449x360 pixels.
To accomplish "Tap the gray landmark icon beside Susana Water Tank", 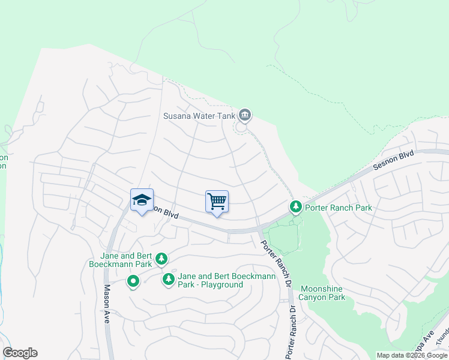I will (x=244, y=114).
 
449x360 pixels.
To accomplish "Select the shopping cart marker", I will (x=217, y=202).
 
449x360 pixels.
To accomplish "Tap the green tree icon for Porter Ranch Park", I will (x=295, y=207).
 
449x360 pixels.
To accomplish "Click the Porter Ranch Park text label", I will (x=339, y=208).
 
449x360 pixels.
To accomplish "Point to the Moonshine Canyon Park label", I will (x=323, y=293).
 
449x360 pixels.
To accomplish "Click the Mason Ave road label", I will (x=107, y=304).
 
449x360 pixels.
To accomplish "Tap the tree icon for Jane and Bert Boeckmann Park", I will (x=161, y=259).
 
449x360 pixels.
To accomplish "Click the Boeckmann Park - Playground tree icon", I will (x=169, y=279).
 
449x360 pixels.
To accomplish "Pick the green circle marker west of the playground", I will (x=133, y=280).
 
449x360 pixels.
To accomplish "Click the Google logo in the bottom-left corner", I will (x=20, y=353).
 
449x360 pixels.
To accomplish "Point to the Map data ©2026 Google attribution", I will (x=412, y=355).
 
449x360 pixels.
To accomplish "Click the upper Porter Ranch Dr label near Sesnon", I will (x=274, y=263).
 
